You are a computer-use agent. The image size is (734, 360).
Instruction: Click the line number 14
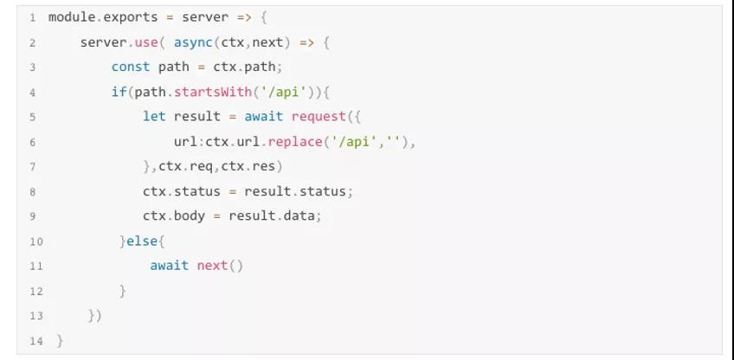(x=35, y=341)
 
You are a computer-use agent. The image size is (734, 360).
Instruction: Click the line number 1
(x=32, y=17)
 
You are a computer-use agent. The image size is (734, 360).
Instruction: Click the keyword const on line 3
(x=131, y=67)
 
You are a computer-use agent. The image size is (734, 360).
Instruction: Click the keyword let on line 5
(x=154, y=116)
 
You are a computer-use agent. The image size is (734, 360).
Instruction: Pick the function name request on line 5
(x=319, y=116)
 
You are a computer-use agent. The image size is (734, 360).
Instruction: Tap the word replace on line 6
(x=295, y=141)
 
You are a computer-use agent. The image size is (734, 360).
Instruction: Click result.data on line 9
(x=280, y=215)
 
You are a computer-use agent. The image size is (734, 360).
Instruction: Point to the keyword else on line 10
(x=143, y=241)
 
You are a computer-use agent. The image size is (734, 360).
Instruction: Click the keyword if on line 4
(x=119, y=92)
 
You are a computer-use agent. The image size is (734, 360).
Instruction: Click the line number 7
(x=32, y=166)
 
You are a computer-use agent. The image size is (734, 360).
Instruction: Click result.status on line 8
(x=299, y=191)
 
